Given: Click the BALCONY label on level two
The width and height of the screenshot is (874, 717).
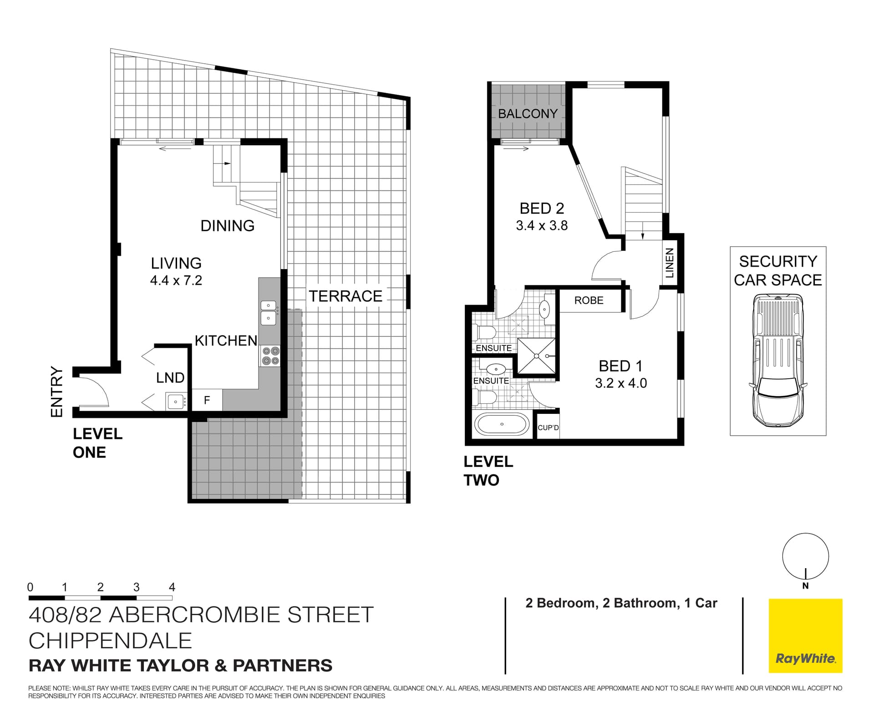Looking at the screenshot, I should [528, 114].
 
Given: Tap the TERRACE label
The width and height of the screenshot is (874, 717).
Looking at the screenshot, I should [346, 296].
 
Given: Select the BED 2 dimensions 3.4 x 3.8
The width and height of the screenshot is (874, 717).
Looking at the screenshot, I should [542, 226].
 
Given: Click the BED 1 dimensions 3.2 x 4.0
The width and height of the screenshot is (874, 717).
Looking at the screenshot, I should [620, 383].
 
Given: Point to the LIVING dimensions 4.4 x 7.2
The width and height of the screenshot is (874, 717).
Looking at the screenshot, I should [176, 280].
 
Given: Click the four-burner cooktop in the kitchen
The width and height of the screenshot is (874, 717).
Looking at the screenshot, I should [270, 356].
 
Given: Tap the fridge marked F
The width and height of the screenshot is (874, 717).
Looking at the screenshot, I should [207, 400].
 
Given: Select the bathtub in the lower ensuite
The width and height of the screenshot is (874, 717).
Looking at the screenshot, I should [502, 424].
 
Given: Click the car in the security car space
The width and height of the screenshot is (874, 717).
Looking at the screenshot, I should [778, 360].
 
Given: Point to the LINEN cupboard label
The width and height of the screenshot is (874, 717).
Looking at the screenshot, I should [669, 263].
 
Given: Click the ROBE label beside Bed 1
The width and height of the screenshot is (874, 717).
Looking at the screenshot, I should [589, 300].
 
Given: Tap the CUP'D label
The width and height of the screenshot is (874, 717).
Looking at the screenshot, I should [548, 428].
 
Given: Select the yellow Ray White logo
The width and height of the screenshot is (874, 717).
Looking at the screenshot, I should [805, 636].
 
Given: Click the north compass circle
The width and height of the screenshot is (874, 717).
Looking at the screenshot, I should [805, 556].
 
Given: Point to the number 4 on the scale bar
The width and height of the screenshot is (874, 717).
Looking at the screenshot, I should [172, 587].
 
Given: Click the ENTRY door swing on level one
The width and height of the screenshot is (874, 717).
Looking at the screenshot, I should [93, 392].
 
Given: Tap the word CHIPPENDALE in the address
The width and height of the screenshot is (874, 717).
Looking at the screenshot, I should [110, 641].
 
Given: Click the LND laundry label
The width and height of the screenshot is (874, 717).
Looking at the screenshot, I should [170, 378].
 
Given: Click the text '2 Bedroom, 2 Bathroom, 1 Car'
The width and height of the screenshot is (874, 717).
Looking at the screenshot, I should [621, 603].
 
